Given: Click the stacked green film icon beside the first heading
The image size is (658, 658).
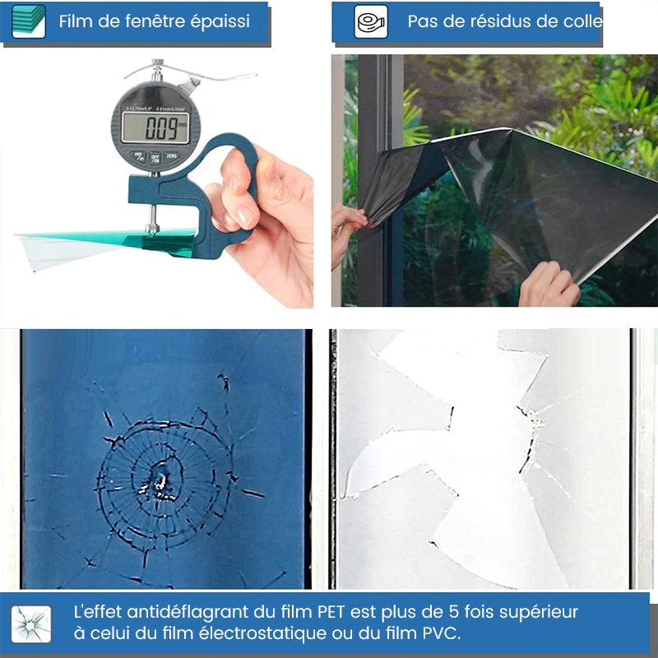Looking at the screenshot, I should point(29,21).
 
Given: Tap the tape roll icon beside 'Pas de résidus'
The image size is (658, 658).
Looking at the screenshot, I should point(371,21).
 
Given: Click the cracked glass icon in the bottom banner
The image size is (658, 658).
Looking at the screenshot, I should point(31,623).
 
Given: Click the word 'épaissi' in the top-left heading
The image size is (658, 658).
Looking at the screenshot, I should point(220,21).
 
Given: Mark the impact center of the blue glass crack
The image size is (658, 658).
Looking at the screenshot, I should point(159,480).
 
